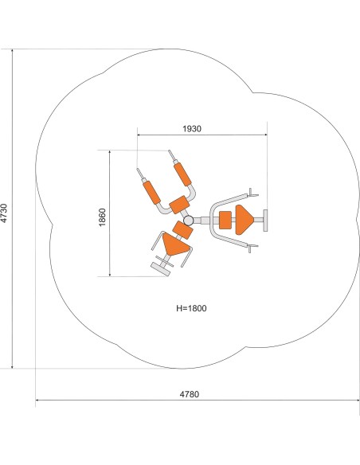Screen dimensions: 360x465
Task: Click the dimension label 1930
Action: point(192,129)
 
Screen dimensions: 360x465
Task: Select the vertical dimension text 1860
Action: point(102,217)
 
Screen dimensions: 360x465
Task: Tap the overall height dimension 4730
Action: point(4,213)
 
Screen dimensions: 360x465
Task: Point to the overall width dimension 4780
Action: point(190,394)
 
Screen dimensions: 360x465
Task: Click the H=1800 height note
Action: point(191,308)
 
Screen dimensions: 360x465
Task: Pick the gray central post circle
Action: point(188,221)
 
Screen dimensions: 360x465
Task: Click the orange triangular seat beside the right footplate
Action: point(244,220)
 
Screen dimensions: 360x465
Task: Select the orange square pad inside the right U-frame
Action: point(225,220)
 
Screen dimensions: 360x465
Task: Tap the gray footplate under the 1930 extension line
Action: point(265,221)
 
